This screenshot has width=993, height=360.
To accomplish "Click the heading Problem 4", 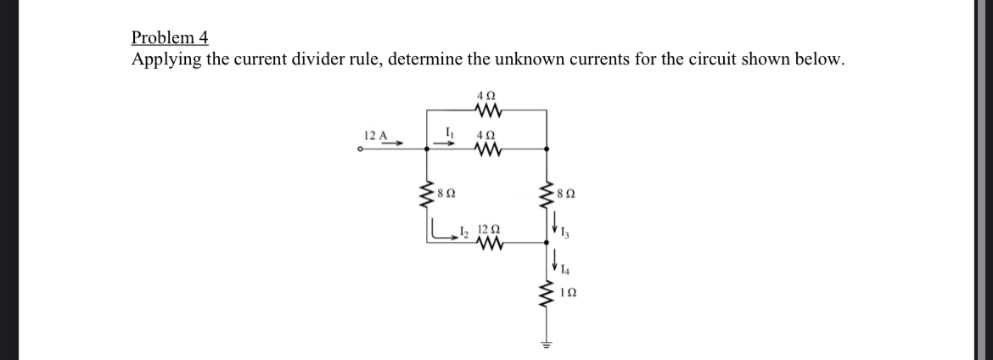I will point(170,37).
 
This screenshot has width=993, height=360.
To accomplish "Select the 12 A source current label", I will point(374,136).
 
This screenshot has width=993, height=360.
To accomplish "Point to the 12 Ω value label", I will point(488,228).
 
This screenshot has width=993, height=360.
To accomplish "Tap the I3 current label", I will point(564,232).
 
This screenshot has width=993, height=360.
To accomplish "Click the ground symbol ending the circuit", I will point(546,345).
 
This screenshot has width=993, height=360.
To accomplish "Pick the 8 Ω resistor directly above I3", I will point(546,194).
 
